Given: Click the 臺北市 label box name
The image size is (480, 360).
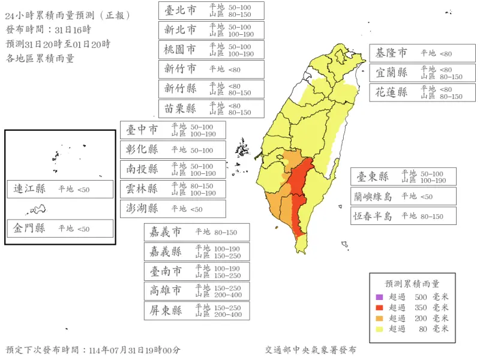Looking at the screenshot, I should pyautogui.click(x=181, y=10).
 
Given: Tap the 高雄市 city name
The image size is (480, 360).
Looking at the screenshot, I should pyautogui.click(x=166, y=291).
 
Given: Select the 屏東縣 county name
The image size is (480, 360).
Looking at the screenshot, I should pyautogui.click(x=166, y=311).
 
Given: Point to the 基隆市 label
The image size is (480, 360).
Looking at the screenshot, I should pyautogui.click(x=392, y=53).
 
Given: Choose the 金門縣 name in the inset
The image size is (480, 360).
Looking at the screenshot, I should pyautogui.click(x=30, y=229).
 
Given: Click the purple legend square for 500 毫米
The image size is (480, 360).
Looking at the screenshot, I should pyautogui.click(x=379, y=297).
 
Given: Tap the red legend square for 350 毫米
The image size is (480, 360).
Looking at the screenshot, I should pyautogui.click(x=379, y=308).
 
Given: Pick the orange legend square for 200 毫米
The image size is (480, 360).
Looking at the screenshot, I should pyautogui.click(x=379, y=319).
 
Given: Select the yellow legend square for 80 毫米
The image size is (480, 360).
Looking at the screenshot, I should pyautogui.click(x=379, y=329).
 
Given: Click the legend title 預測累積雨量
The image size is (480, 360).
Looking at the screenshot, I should pyautogui.click(x=412, y=284).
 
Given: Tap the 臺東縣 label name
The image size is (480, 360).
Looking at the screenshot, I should pyautogui.click(x=373, y=177).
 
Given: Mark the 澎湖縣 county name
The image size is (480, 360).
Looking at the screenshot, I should pyautogui.click(x=142, y=209).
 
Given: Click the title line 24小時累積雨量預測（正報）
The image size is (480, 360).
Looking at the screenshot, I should pyautogui.click(x=67, y=16).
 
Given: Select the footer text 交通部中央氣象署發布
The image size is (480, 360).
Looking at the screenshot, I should pyautogui.click(x=311, y=350).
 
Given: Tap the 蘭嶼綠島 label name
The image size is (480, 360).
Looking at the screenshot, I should pyautogui.click(x=373, y=196).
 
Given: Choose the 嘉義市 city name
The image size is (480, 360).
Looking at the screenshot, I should pyautogui.click(x=165, y=232).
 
